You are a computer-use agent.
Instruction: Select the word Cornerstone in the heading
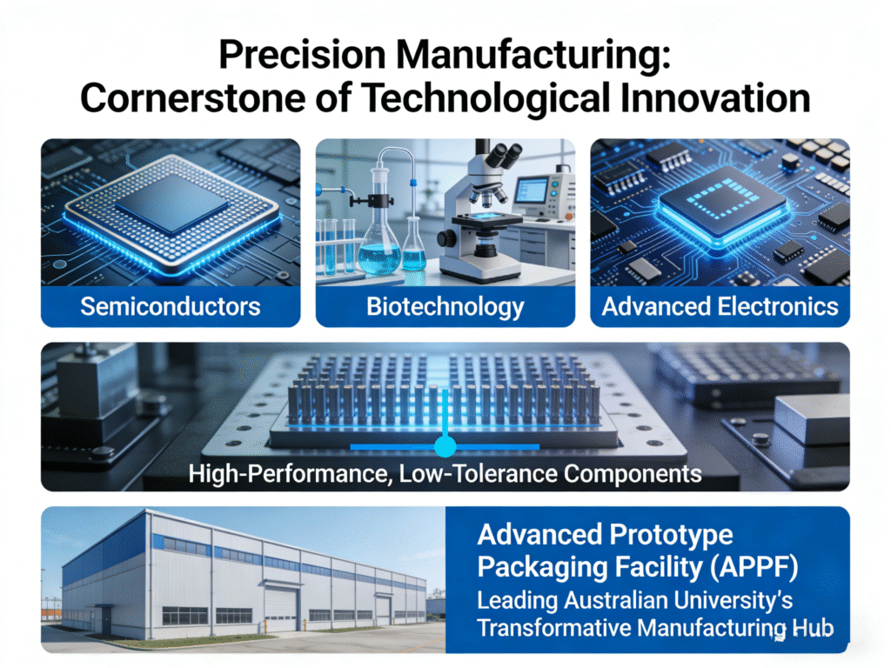point(175,98)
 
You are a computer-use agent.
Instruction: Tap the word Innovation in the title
point(715,98)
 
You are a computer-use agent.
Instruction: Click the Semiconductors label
point(171,306)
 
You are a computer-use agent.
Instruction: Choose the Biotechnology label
point(445,306)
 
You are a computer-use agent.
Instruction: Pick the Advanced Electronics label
point(720,306)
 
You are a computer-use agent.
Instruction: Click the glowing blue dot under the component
point(445,447)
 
